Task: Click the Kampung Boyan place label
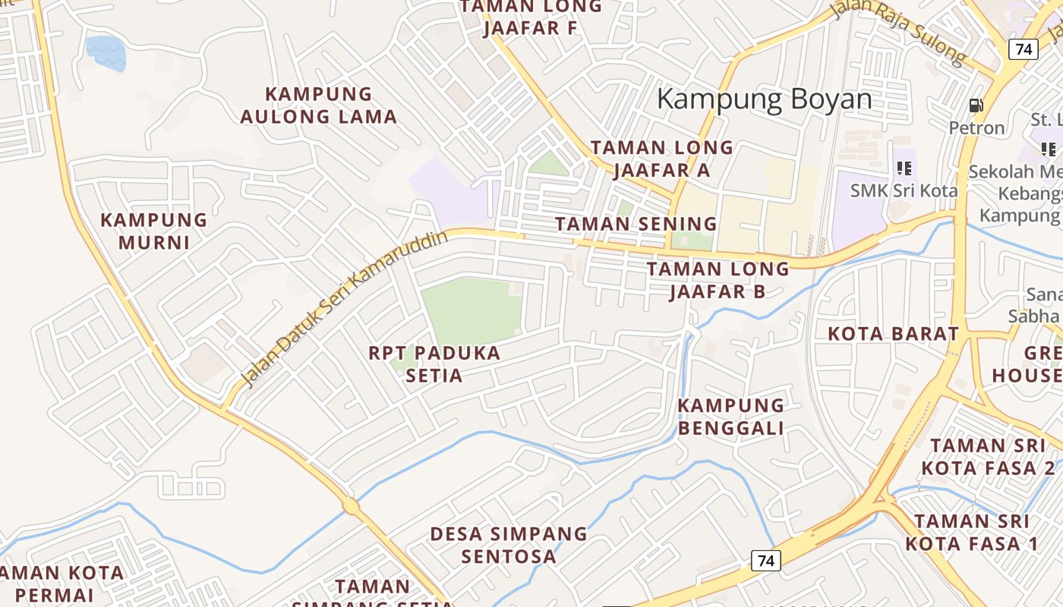point(764,99)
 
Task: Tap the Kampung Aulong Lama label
point(319,105)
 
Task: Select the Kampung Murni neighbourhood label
point(154,231)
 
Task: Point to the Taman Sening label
point(636,224)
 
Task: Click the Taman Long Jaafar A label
point(662,159)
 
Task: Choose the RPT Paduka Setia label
point(434,364)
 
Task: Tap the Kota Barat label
point(893,334)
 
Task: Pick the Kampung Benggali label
point(730,417)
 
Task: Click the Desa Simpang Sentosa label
point(509,545)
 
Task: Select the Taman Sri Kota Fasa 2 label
point(992,457)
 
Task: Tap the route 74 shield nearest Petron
point(1024,49)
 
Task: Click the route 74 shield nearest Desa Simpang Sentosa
point(766,561)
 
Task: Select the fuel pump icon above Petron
point(976,105)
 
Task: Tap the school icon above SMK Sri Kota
point(904,168)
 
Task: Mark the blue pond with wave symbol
point(106,52)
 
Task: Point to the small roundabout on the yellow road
point(350,505)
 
